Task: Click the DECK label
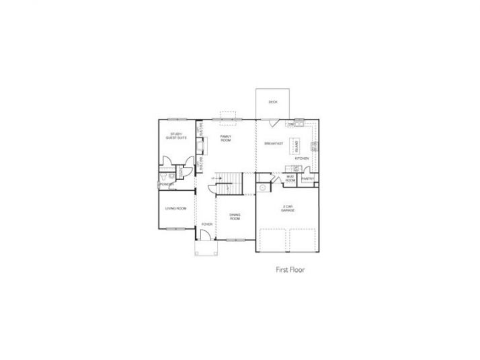click(273, 102)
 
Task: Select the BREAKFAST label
click(273, 143)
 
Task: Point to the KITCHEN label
click(302, 159)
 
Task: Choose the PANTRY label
click(309, 179)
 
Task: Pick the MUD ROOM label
click(290, 179)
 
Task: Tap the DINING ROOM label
click(235, 217)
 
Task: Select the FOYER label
click(206, 224)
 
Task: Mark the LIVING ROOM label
click(175, 209)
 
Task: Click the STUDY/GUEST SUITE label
click(177, 136)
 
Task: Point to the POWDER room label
click(167, 184)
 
